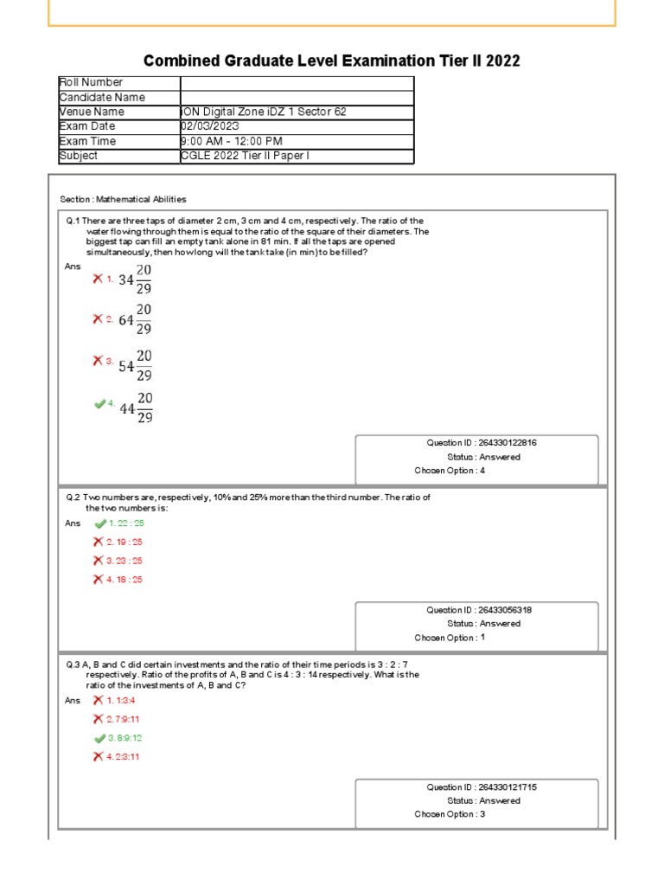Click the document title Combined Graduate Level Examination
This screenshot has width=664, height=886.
tap(332, 61)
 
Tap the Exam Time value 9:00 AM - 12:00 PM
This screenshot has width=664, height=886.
tap(231, 141)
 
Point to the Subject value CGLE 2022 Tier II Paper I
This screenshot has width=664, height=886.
tap(245, 156)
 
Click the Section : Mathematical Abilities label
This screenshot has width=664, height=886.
tap(124, 199)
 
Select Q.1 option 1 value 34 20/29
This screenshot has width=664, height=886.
tap(136, 280)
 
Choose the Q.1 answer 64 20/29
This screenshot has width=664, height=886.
tap(136, 320)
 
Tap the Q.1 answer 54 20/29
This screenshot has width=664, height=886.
tap(136, 366)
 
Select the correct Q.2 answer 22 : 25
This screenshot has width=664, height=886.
tap(125, 523)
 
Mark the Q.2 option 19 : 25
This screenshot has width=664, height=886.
tap(124, 542)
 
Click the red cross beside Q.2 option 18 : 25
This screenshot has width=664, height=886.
tap(98, 579)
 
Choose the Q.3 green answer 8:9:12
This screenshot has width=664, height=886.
tap(124, 738)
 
